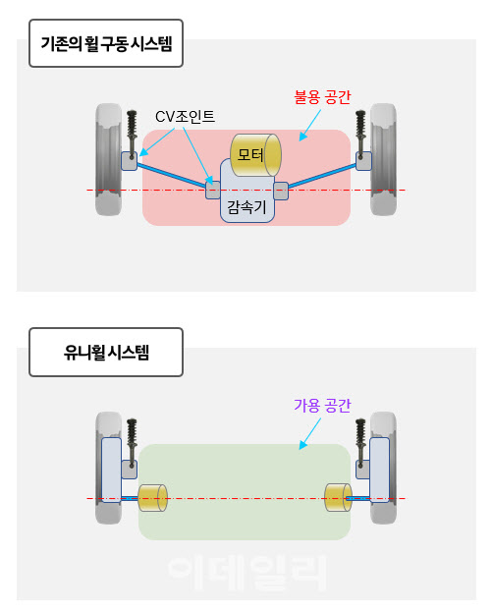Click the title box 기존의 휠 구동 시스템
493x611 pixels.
coord(107,44)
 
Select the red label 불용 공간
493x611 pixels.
coord(322,97)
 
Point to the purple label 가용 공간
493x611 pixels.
coord(322,405)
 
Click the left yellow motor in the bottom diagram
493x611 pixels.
coord(153,498)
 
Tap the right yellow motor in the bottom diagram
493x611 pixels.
coord(339,498)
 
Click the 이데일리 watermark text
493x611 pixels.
coord(246,572)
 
